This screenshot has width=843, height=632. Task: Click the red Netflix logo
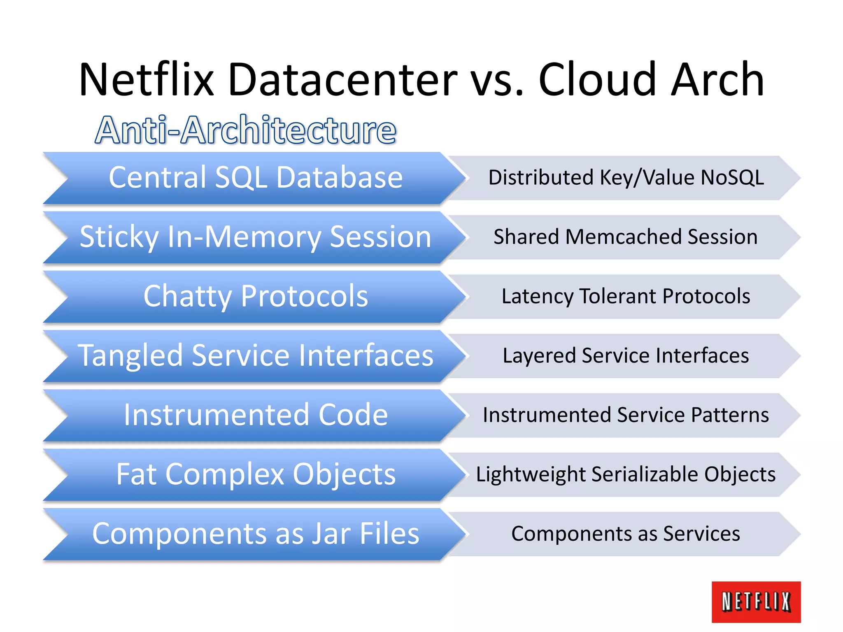point(756,602)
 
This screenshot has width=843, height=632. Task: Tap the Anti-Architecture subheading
point(246,130)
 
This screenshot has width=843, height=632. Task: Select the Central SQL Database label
point(256,177)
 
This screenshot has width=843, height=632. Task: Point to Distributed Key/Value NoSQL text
point(626,177)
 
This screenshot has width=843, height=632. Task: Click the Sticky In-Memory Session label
point(256,237)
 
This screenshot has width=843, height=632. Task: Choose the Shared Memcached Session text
point(626,237)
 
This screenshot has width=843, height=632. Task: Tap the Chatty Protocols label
point(256,296)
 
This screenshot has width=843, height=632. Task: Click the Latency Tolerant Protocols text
point(626,296)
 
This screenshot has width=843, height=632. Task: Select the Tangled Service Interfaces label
point(256,355)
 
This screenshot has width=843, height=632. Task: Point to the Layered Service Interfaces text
point(626,355)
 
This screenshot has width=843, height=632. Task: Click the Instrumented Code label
point(256,415)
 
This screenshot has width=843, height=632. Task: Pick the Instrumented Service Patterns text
point(626,415)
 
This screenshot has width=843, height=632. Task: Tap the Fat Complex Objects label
point(256,474)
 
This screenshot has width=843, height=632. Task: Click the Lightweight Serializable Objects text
point(626,474)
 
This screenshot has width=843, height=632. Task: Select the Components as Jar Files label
point(256,534)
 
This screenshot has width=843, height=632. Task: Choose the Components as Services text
point(626,534)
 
